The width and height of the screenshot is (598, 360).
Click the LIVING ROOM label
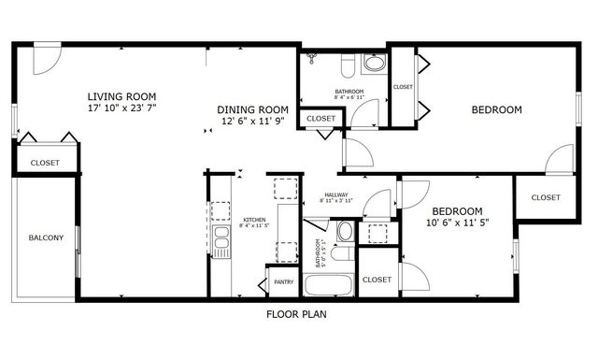[121, 96]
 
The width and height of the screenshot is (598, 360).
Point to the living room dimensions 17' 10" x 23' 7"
[121, 108]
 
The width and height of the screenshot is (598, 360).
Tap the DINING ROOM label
[253, 108]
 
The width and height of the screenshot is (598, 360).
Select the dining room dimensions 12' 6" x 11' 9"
[253, 121]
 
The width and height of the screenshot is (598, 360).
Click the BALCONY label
[46, 238]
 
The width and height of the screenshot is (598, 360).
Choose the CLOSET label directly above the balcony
[45, 163]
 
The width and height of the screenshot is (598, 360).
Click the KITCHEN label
[253, 220]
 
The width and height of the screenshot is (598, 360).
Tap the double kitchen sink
[221, 242]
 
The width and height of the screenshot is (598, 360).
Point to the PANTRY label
[284, 281]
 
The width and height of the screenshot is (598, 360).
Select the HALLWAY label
[335, 194]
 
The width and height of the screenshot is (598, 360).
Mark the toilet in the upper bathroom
[346, 65]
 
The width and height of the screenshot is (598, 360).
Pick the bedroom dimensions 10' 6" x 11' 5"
[458, 223]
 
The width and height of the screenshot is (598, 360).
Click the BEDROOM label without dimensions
[496, 109]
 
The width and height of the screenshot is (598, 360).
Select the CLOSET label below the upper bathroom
[320, 119]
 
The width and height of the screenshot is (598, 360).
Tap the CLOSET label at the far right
[545, 197]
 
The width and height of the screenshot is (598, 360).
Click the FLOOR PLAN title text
[295, 315]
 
